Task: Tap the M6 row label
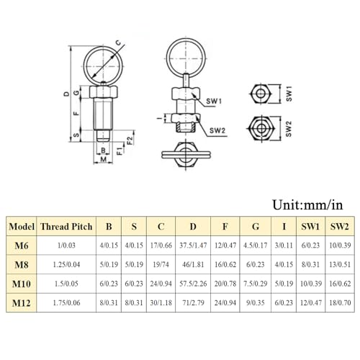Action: point(21,245)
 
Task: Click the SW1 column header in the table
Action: point(310,226)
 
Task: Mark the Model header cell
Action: point(21,226)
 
